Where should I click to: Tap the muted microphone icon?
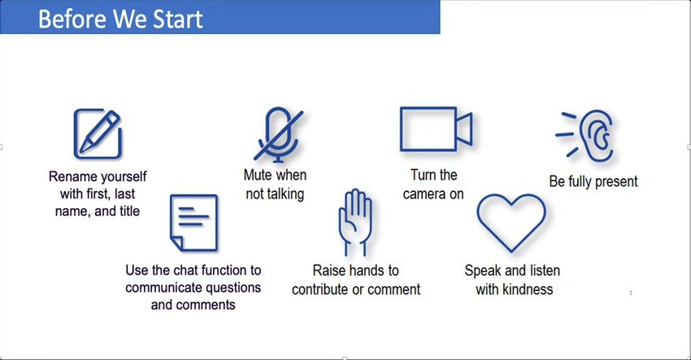(x=278, y=134)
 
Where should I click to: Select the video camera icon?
(x=436, y=129)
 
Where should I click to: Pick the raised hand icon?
(x=355, y=222)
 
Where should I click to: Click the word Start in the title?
(x=177, y=19)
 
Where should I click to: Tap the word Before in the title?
(x=72, y=19)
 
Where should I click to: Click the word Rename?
(x=72, y=176)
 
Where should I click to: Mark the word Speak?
(x=483, y=271)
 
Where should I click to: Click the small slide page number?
(x=631, y=293)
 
